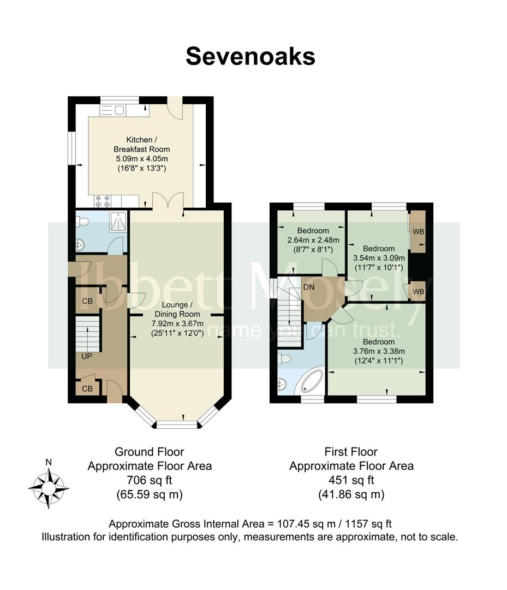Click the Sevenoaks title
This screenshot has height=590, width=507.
click(x=250, y=56)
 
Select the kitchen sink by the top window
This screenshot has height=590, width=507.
click(x=113, y=110)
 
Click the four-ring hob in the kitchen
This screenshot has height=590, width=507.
click(x=103, y=201)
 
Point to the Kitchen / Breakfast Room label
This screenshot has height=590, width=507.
click(x=141, y=144)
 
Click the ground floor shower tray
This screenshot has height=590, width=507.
click(x=119, y=221)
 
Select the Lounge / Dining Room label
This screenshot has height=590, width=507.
click(x=177, y=309)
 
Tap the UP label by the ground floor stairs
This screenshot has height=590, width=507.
click(x=87, y=356)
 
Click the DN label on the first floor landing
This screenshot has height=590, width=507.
click(x=309, y=287)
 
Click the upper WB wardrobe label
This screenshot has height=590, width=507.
click(x=418, y=232)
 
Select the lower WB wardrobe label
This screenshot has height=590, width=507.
click(x=418, y=292)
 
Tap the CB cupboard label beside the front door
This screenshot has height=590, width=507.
click(x=87, y=388)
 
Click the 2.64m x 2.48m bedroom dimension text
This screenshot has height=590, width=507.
click(x=313, y=240)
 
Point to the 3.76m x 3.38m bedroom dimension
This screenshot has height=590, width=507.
click(x=378, y=351)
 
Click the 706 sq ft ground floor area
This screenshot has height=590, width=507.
click(x=150, y=480)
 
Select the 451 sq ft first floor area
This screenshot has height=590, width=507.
click(x=351, y=480)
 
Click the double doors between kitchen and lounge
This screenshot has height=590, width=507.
click(x=168, y=200)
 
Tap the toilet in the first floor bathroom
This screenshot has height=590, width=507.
click(x=284, y=358)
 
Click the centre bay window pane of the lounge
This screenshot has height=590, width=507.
click(x=177, y=425)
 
